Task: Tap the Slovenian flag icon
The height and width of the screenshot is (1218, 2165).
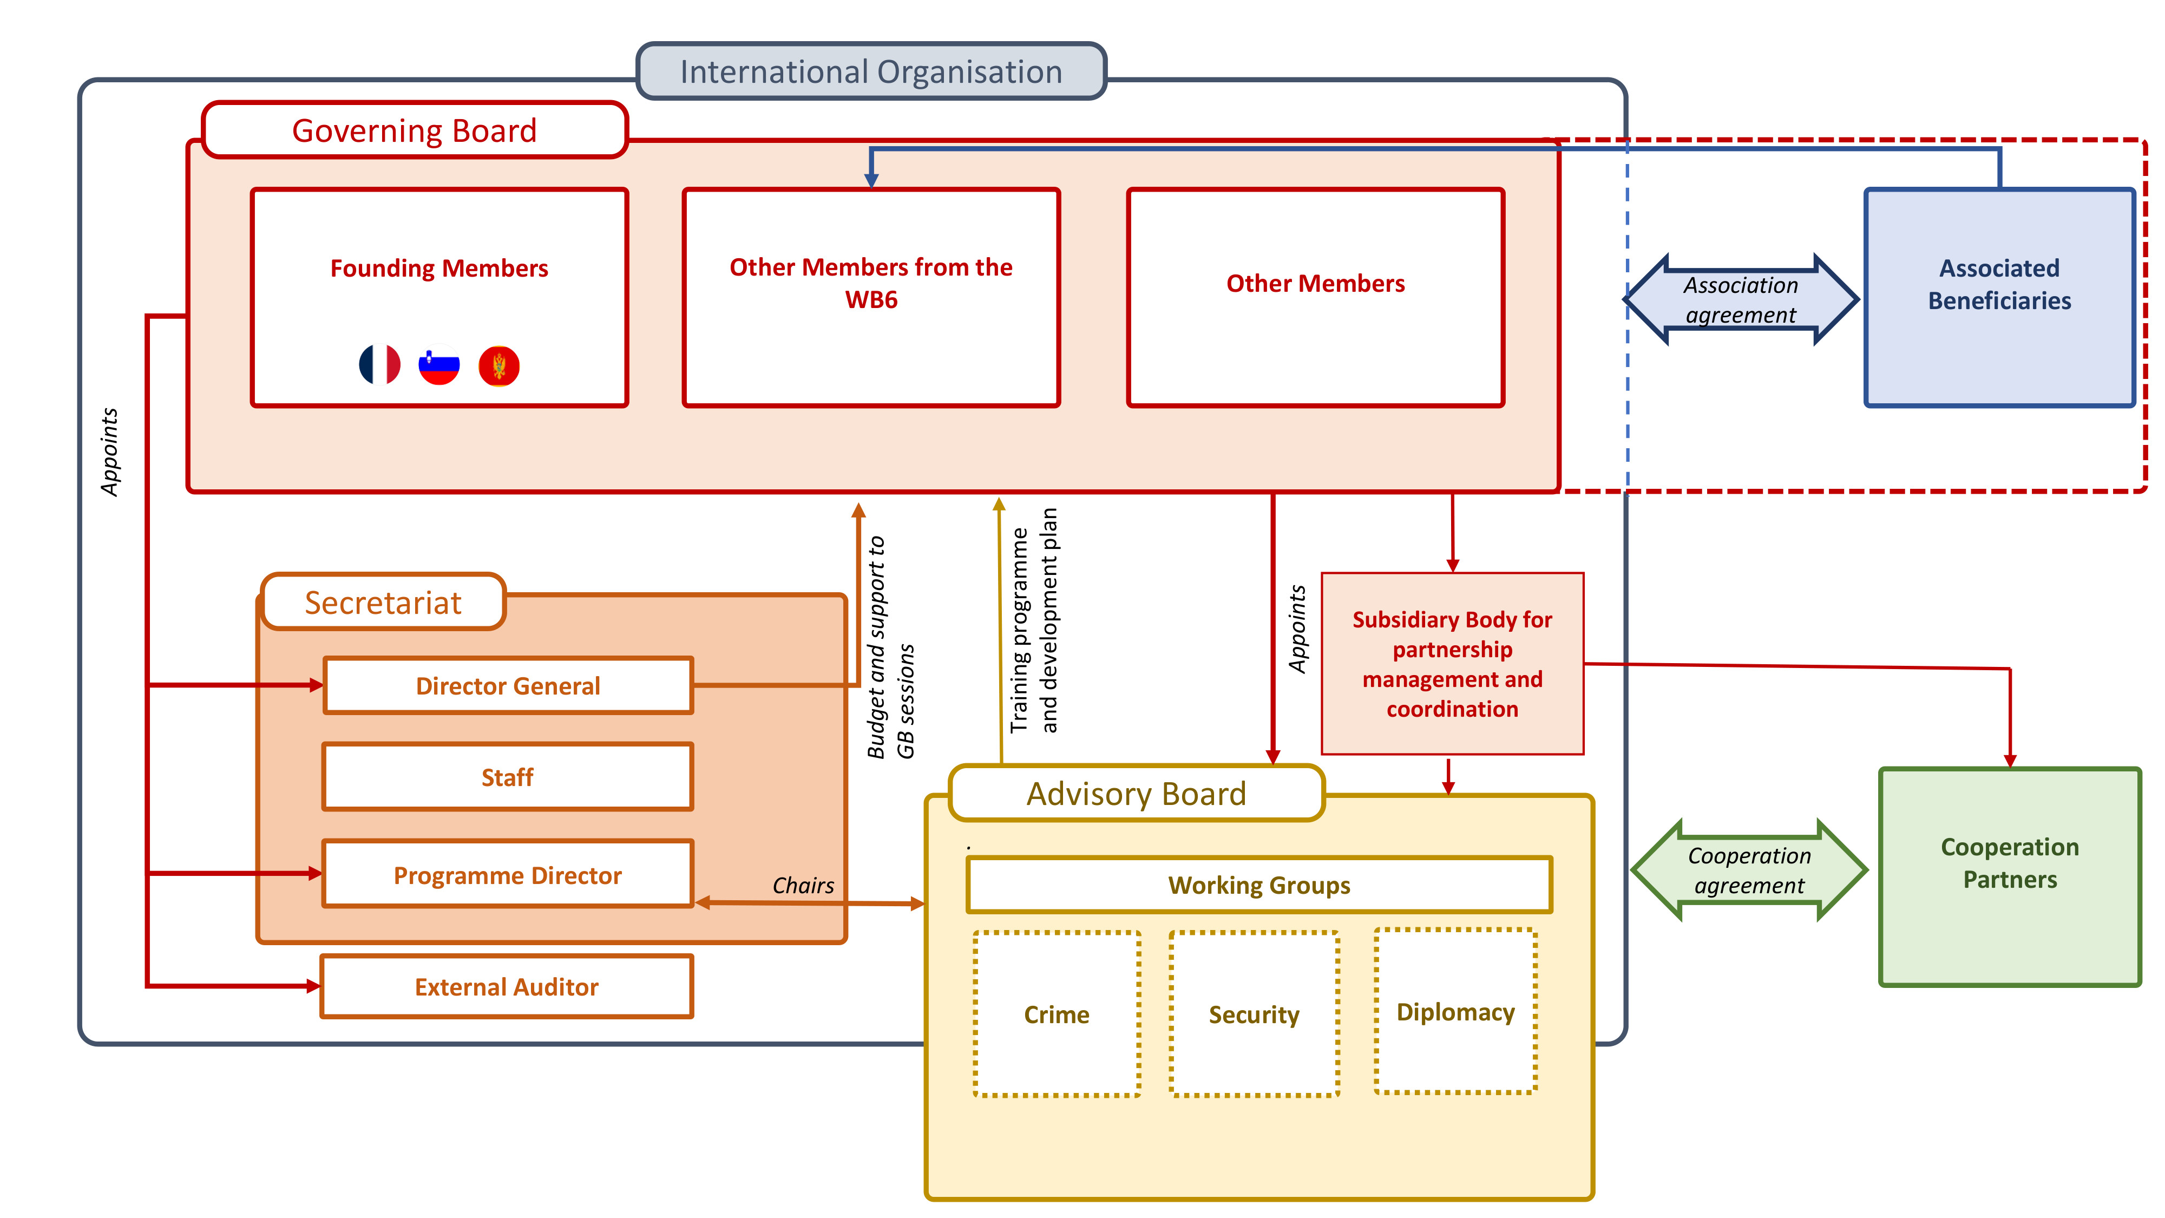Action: coord(439,365)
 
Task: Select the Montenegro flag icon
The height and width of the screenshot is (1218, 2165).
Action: coord(499,365)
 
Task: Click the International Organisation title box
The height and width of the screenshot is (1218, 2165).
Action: coord(871,71)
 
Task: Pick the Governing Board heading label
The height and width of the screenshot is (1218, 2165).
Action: coord(415,130)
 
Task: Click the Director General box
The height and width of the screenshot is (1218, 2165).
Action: coord(508,686)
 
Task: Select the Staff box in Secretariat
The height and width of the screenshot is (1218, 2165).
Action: coord(508,777)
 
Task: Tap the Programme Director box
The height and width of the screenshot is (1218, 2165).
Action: coord(508,874)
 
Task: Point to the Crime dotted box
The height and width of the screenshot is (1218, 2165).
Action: coord(1057,1014)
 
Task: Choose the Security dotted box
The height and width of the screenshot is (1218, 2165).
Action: coord(1254,1014)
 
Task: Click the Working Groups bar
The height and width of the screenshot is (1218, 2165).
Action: coord(1259,885)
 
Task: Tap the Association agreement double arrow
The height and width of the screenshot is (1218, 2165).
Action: coord(1741,300)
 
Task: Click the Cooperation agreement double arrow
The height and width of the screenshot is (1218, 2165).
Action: coord(1749,870)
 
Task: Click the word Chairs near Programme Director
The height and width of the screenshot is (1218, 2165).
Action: coord(803,885)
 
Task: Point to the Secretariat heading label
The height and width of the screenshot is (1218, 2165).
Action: coord(383,603)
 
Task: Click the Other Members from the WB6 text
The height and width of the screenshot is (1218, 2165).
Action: coord(871,283)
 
